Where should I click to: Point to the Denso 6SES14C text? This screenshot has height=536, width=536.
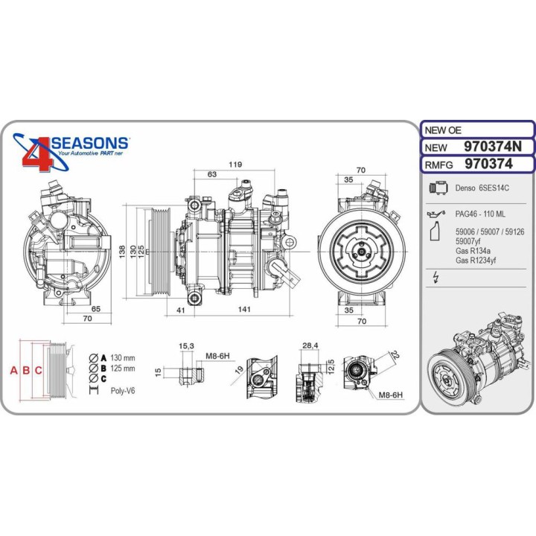click(480, 190)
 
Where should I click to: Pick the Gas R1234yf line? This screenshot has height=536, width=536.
click(476, 260)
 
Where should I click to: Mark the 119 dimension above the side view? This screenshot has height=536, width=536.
click(236, 165)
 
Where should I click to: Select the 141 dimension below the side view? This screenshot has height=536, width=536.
click(243, 310)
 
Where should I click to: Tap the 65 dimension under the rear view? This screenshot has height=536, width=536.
click(96, 307)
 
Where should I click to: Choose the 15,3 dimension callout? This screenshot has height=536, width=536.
click(186, 345)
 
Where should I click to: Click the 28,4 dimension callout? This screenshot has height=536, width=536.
click(310, 345)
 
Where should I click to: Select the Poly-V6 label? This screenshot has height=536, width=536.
click(122, 390)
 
